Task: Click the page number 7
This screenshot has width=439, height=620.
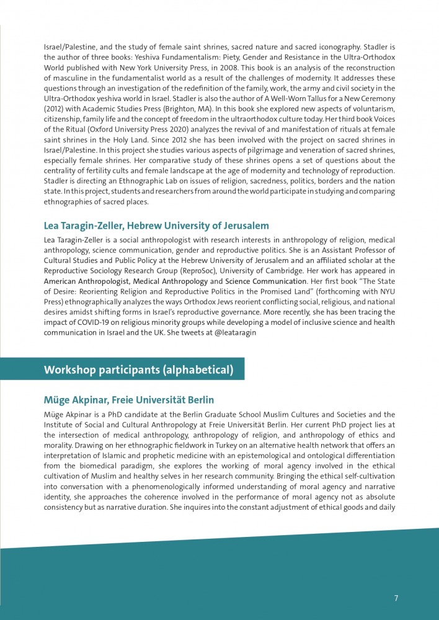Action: [396, 598]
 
